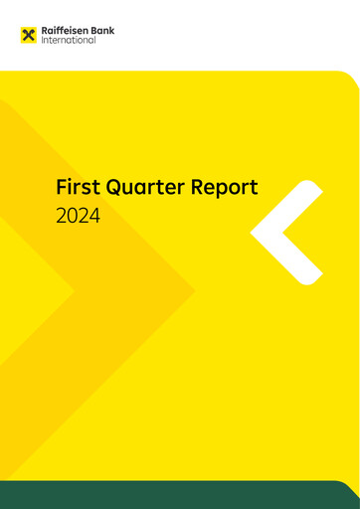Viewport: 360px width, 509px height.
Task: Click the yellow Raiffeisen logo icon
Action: (28, 36)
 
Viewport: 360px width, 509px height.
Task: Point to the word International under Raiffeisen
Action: (70, 41)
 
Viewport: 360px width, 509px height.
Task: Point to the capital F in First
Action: (62, 187)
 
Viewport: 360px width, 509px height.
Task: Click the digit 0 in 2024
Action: (72, 214)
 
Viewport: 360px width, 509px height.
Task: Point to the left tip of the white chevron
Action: (255, 233)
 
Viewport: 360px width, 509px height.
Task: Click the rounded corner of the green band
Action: (350, 485)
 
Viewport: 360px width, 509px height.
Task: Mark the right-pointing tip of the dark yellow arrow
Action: (194, 290)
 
